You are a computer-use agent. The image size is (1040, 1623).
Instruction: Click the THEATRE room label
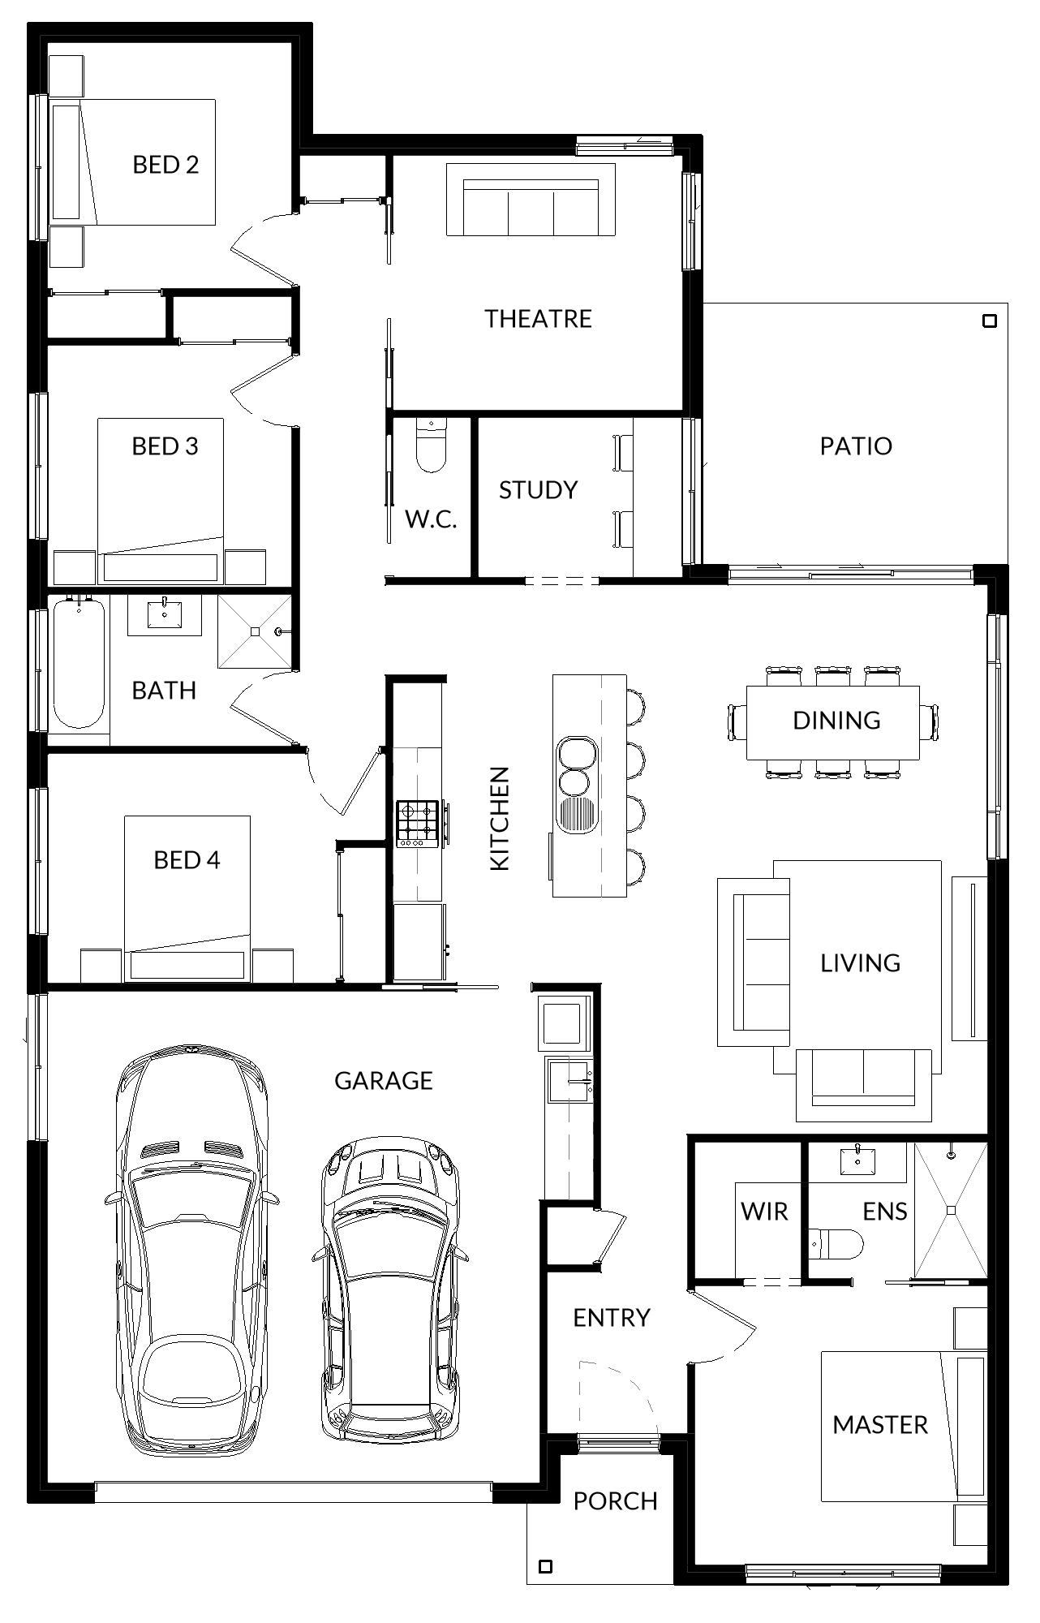pyautogui.click(x=538, y=318)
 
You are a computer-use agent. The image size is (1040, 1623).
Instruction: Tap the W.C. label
pyautogui.click(x=431, y=519)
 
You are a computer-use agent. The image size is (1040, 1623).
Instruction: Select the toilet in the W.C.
pyautogui.click(x=431, y=445)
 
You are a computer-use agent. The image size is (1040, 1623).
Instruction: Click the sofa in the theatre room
pyautogui.click(x=531, y=200)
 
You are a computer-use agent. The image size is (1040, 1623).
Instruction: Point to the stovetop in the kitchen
pyautogui.click(x=417, y=823)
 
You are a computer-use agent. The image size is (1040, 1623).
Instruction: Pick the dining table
pyautogui.click(x=833, y=722)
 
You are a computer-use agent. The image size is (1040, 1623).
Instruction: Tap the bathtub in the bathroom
pyautogui.click(x=79, y=664)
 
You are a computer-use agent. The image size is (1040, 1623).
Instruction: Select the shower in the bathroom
pyautogui.click(x=254, y=631)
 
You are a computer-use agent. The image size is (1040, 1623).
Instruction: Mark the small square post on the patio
pyautogui.click(x=989, y=321)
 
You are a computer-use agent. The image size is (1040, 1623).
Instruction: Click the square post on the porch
pyautogui.click(x=546, y=1566)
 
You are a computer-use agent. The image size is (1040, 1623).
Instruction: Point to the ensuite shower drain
pyautogui.click(x=951, y=1210)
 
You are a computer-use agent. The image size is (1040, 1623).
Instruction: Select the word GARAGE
pyautogui.click(x=384, y=1080)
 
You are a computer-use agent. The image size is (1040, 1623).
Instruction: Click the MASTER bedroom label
pyautogui.click(x=880, y=1424)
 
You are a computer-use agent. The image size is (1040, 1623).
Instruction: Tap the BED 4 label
pyautogui.click(x=187, y=859)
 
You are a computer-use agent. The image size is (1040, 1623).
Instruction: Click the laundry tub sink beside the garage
pyautogui.click(x=570, y=1080)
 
